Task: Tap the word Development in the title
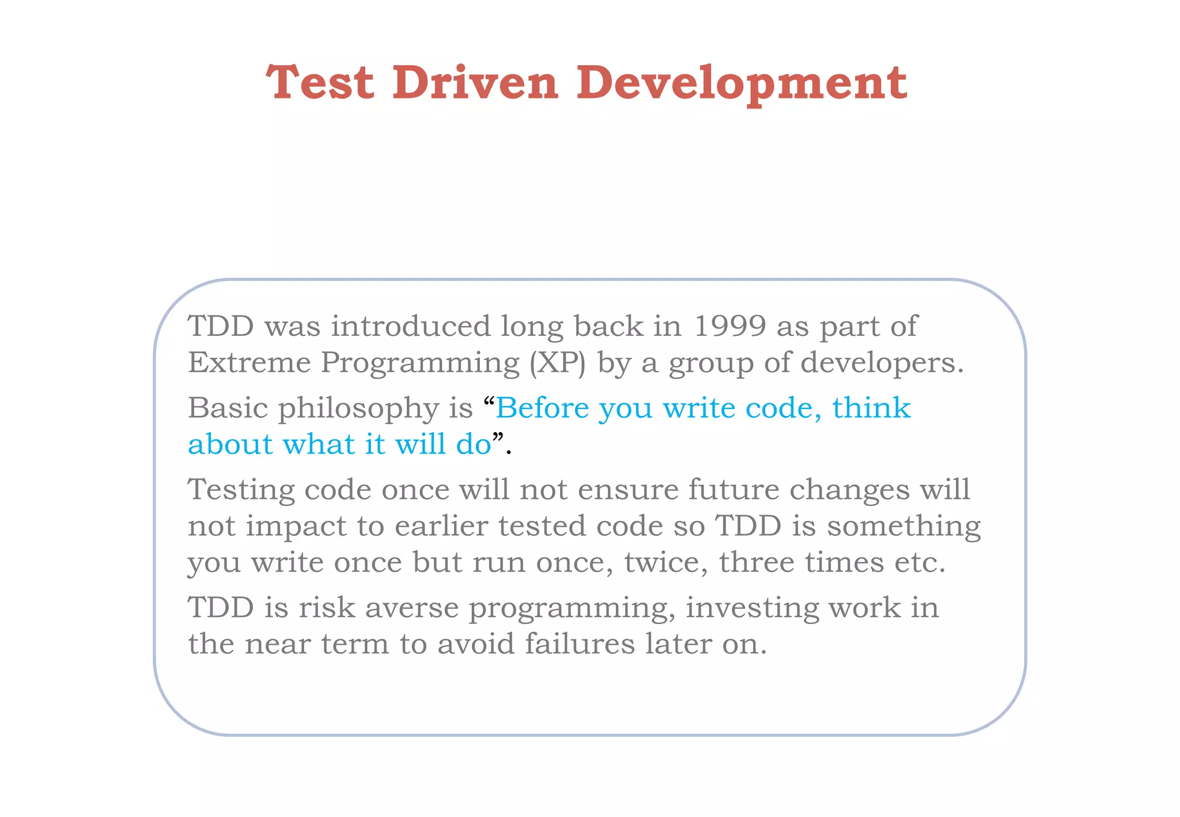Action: click(x=742, y=84)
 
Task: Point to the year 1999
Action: click(x=729, y=326)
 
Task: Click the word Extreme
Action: click(x=249, y=362)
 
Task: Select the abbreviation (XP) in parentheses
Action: click(x=557, y=364)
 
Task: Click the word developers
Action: click(x=882, y=364)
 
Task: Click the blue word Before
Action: click(x=542, y=408)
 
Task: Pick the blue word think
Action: click(x=871, y=408)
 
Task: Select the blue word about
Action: click(x=230, y=444)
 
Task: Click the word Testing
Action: click(x=241, y=491)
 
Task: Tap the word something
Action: click(x=903, y=527)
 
